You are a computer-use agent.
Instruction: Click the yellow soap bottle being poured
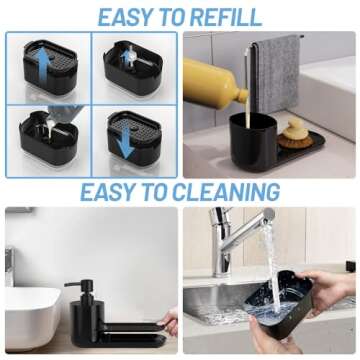pyautogui.click(x=213, y=83)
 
